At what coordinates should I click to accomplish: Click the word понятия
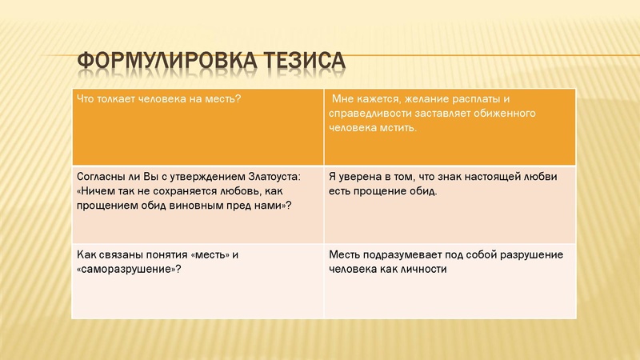click(x=161, y=254)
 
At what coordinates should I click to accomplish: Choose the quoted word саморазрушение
click(x=125, y=269)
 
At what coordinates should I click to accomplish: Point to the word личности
click(x=423, y=269)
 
